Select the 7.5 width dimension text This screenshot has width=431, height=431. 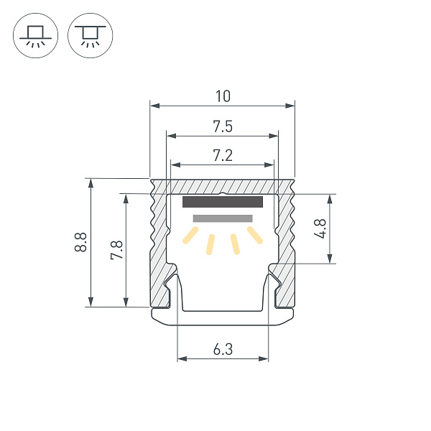pyautogui.click(x=222, y=126)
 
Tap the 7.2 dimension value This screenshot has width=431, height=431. pyautogui.click(x=222, y=154)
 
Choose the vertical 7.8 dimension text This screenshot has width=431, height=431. pyautogui.click(x=116, y=250)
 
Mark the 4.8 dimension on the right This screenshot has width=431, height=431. pyautogui.click(x=321, y=228)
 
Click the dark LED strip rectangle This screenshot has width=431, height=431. pyautogui.click(x=223, y=202)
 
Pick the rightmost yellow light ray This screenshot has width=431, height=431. pyautogui.click(x=254, y=235)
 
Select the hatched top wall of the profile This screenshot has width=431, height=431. pyautogui.click(x=223, y=185)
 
